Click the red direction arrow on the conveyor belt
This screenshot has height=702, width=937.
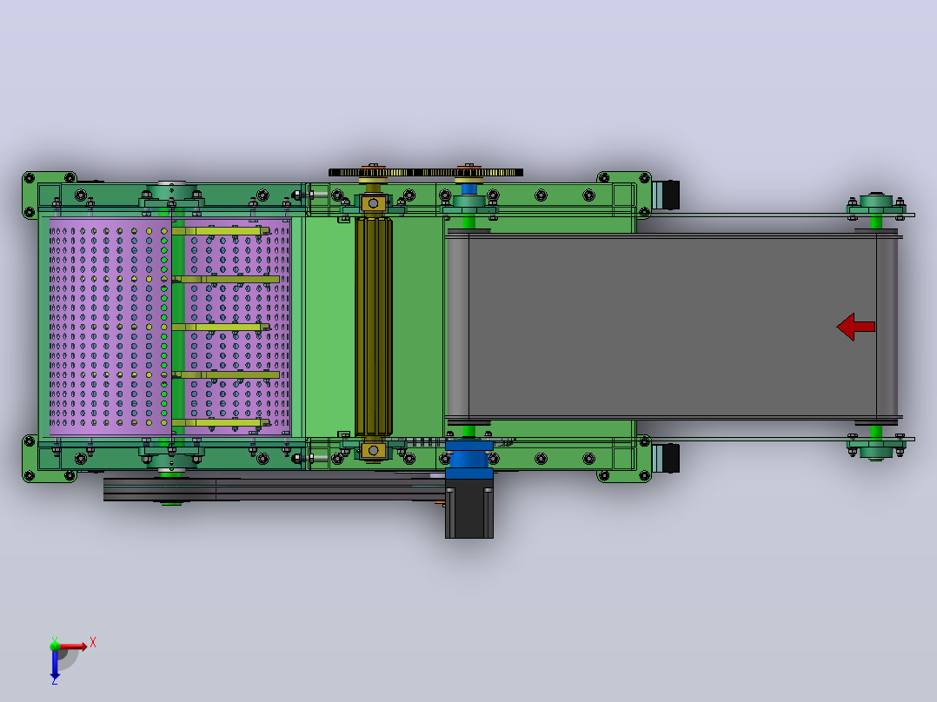pyautogui.click(x=855, y=327)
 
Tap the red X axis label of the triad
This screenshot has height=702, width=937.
pyautogui.click(x=93, y=643)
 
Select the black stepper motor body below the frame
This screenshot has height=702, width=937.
pyautogui.click(x=469, y=512)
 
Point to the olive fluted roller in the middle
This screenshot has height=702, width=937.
pyautogui.click(x=374, y=326)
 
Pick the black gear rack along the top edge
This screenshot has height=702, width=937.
pyautogui.click(x=426, y=173)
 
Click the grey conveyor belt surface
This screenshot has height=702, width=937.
pyautogui.click(x=672, y=326)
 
